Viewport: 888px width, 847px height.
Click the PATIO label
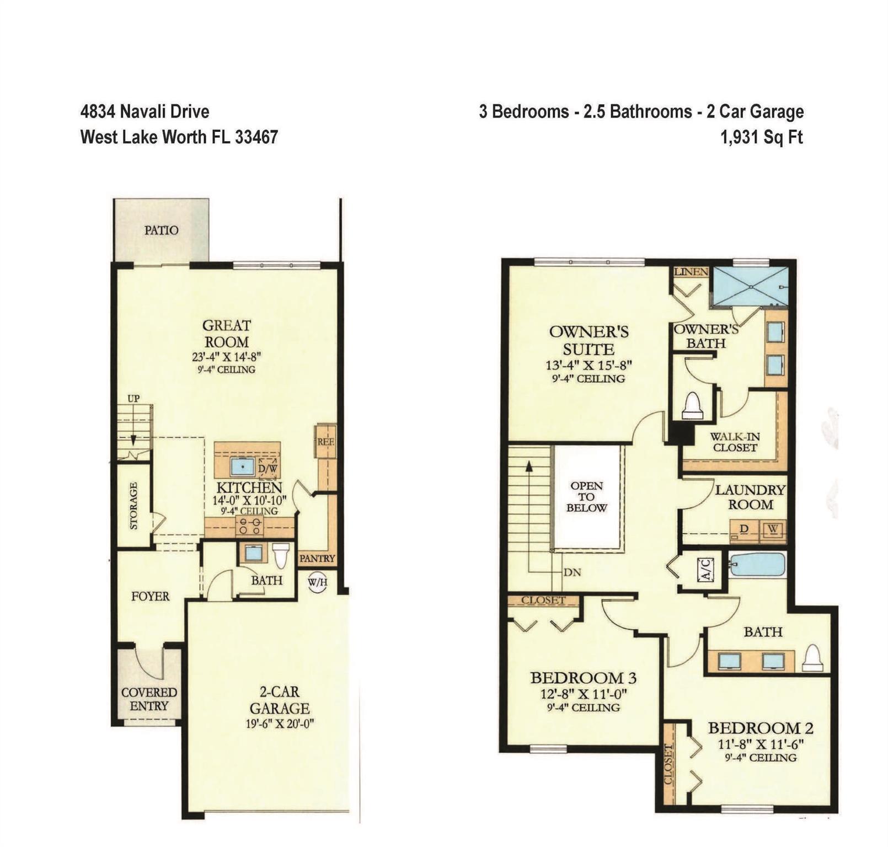click(161, 230)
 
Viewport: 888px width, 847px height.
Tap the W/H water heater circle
click(317, 581)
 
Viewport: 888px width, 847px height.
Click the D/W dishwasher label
click(269, 469)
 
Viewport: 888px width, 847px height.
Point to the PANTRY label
click(317, 558)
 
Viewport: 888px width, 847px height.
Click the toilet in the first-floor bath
click(281, 555)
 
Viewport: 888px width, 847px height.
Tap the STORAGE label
click(133, 506)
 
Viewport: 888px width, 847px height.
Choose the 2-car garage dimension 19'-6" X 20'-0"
click(280, 723)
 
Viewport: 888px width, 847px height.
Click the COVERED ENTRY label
click(149, 699)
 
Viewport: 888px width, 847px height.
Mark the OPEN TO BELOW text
click(586, 496)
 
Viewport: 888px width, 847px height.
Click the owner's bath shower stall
click(750, 285)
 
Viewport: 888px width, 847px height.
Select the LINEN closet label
click(691, 272)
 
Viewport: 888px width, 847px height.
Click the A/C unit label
click(707, 569)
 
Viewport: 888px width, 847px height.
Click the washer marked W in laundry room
click(773, 529)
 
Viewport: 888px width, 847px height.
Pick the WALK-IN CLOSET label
click(735, 442)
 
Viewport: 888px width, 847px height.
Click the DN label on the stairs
click(573, 572)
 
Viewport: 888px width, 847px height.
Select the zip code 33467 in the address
click(256, 137)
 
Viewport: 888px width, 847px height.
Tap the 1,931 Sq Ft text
click(762, 137)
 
